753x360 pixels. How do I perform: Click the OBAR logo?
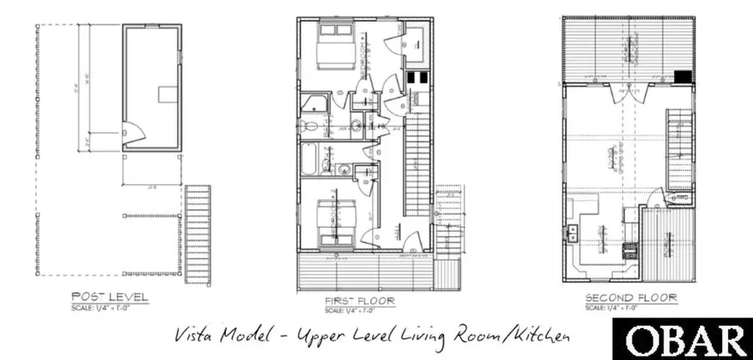pos(686,341)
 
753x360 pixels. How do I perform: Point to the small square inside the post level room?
pos(168,93)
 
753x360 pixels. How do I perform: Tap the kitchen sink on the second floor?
pos(574,232)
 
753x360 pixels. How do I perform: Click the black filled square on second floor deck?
pos(684,76)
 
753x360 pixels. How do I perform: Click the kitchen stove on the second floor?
pos(628,247)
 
